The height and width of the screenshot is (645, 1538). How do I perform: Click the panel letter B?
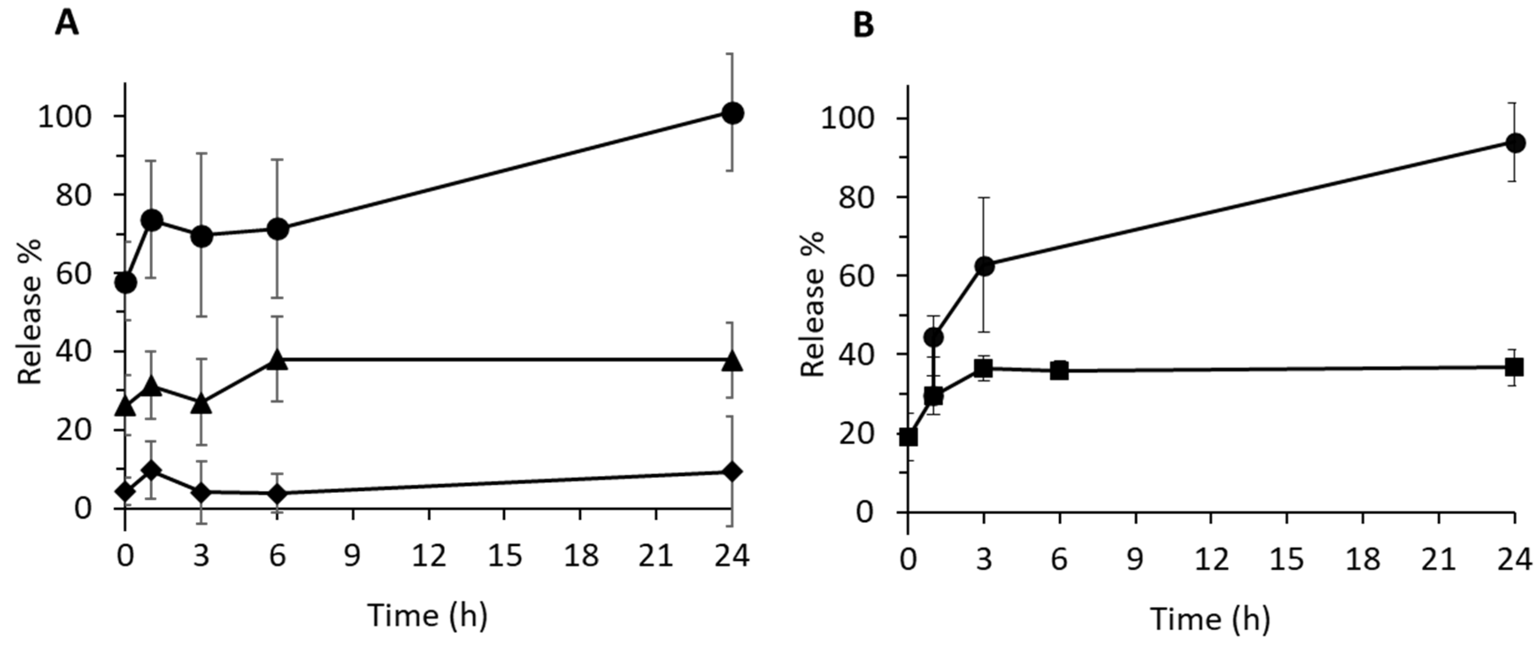[x=863, y=25]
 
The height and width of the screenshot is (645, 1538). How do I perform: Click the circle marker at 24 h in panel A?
[x=733, y=113]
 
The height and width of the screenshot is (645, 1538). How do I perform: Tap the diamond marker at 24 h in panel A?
[x=733, y=472]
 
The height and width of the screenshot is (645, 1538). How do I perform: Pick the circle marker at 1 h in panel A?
[x=152, y=220]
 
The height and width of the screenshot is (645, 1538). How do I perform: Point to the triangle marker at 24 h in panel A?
[x=733, y=361]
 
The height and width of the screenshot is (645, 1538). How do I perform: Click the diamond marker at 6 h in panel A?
[x=277, y=493]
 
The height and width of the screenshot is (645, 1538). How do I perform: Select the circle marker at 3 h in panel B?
[x=984, y=266]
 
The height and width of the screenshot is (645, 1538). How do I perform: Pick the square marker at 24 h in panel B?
[x=1514, y=367]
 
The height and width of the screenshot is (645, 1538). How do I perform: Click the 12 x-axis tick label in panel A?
[x=429, y=557]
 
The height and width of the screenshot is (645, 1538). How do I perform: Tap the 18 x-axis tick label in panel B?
[x=1362, y=560]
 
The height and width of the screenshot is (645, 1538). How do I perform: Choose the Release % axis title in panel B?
[x=813, y=304]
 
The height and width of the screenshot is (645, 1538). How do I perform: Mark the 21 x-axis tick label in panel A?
[x=656, y=557]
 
